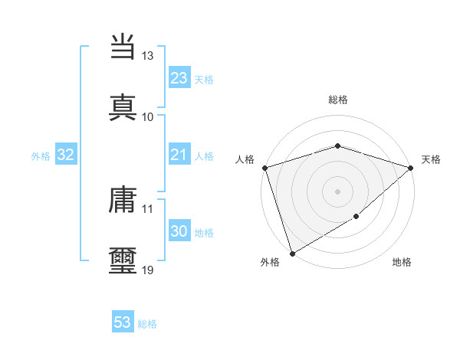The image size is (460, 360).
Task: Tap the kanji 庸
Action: [x=123, y=201]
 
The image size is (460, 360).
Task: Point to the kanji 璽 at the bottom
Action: [x=123, y=260]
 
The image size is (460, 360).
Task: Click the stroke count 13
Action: [x=148, y=56]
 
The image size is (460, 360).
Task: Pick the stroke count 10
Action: [x=148, y=116]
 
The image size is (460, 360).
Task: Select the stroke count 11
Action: [x=148, y=208]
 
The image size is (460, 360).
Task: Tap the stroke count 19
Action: [x=148, y=270]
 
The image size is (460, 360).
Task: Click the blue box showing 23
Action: [x=179, y=78]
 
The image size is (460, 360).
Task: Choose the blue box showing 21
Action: [x=179, y=155]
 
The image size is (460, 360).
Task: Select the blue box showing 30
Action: [x=179, y=231]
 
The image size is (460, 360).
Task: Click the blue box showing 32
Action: [x=66, y=155]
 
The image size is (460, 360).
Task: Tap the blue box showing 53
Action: [x=123, y=322]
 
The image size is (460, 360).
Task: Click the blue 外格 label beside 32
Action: [x=41, y=155]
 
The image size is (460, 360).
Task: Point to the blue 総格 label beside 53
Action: [x=147, y=324]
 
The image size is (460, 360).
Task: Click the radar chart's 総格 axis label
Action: [x=337, y=100]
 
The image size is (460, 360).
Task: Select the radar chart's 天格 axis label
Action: [x=431, y=159]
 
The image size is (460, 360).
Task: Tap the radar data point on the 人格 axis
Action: [x=264, y=168]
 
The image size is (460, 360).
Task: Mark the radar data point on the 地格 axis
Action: [x=356, y=218]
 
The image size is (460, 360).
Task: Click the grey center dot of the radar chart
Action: [x=337, y=191]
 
